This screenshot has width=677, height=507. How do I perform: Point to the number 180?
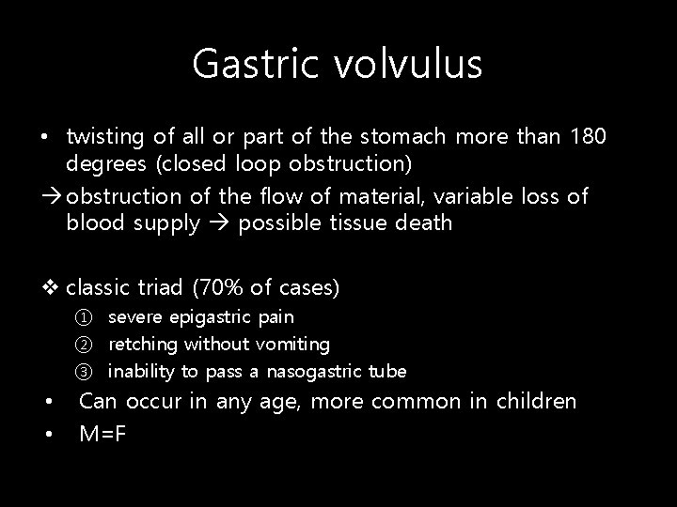tap(589, 138)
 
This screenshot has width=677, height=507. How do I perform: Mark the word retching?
tap(143, 346)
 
